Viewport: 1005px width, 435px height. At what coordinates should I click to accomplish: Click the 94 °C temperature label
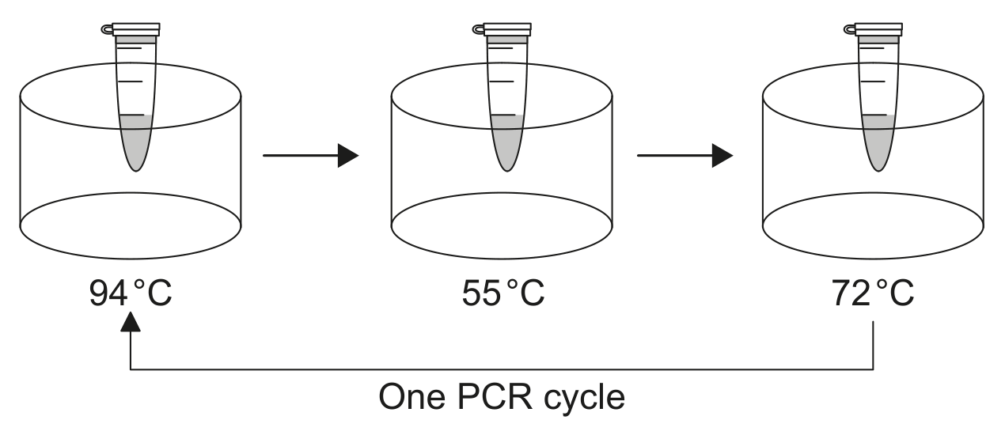(x=131, y=293)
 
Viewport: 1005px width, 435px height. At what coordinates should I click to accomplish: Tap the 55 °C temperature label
(x=503, y=293)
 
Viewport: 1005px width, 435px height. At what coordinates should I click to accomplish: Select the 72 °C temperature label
(x=873, y=293)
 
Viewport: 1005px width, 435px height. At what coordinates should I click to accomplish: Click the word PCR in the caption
(x=495, y=397)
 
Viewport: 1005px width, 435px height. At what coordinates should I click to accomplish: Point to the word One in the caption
(x=412, y=397)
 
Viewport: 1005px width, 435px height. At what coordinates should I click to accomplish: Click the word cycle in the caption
(x=585, y=399)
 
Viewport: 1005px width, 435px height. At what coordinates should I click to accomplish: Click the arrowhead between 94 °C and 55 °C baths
(x=348, y=156)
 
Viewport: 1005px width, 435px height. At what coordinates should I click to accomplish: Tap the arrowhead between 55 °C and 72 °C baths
(x=722, y=156)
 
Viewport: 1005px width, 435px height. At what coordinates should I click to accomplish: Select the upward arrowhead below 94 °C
(x=131, y=322)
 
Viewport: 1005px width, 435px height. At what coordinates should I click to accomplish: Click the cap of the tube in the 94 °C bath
(x=136, y=29)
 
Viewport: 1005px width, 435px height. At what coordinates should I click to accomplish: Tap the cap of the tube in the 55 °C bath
(x=507, y=29)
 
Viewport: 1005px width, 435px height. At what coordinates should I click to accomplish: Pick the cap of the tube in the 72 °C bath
(x=878, y=29)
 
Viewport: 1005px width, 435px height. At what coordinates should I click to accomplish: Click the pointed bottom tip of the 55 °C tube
(x=507, y=171)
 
